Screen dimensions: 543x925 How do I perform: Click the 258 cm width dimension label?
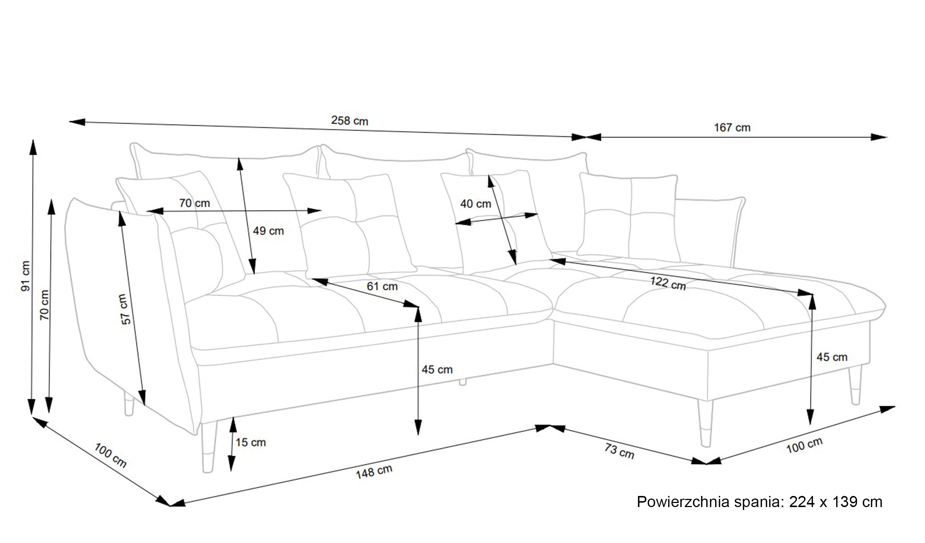click(349, 121)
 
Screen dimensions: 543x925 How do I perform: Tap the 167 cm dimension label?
click(732, 127)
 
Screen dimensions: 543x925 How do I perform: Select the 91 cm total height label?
click(26, 276)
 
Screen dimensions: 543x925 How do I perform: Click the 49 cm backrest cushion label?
click(268, 231)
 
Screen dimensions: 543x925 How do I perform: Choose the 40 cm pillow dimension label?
click(475, 204)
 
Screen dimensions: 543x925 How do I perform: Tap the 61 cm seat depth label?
click(382, 286)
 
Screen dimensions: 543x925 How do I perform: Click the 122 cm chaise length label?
click(668, 283)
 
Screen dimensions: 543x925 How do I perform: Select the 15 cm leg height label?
click(250, 442)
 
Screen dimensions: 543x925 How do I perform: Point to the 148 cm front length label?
click(374, 472)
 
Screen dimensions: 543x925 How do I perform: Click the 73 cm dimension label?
click(619, 451)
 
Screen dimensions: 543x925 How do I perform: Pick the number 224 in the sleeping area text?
click(802, 502)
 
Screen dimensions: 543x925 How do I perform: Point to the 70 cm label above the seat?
click(194, 203)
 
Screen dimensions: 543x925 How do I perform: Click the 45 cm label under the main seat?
click(437, 369)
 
